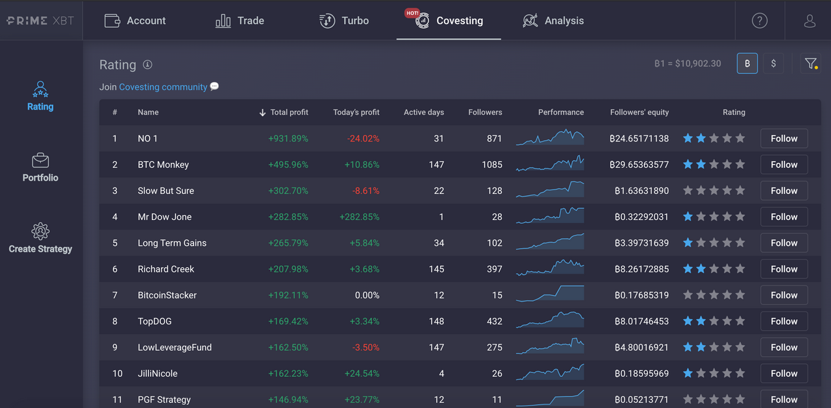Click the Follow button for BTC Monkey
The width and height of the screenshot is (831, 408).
pos(784,165)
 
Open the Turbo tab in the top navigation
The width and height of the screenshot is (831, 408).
pos(344,21)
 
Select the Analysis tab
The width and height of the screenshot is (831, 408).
pos(553,21)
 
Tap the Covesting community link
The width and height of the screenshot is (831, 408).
pos(163,87)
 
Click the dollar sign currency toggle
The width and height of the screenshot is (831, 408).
pos(773,64)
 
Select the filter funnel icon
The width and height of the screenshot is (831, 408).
pos(810,64)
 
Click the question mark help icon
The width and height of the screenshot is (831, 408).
pos(759,21)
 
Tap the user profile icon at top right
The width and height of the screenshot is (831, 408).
pos(810,21)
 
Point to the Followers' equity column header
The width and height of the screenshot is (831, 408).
pos(639,112)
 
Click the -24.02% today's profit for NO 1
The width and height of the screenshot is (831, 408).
pos(364,139)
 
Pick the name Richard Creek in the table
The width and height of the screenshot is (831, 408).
pos(166,269)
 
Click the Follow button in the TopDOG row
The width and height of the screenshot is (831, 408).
pos(784,321)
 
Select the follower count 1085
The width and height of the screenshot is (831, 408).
pos(492,165)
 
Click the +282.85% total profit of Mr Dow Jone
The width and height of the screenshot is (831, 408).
pos(288,217)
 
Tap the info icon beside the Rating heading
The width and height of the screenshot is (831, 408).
pos(147,65)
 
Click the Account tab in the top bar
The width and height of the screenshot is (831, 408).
pos(135,21)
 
